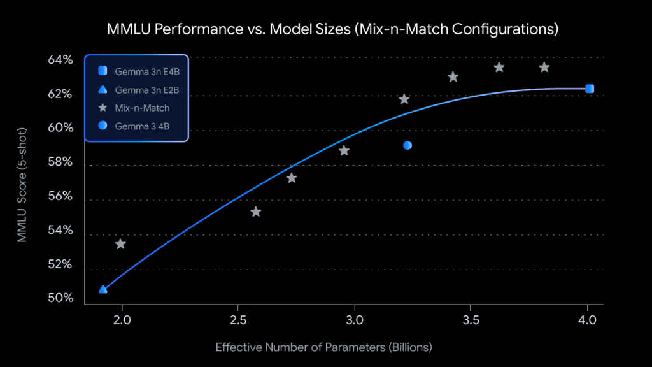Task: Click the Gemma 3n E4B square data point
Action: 590,89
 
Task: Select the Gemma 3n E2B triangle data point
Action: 103,289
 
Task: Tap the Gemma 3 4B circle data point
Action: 407,145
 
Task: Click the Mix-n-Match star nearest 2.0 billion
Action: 120,244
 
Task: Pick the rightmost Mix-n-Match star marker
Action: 544,68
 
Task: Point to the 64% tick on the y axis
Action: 61,60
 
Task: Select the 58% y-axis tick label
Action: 61,162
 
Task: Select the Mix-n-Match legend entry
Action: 142,108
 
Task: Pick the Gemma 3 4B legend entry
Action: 142,127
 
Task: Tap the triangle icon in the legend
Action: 103,90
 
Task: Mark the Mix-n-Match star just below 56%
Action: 256,212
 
